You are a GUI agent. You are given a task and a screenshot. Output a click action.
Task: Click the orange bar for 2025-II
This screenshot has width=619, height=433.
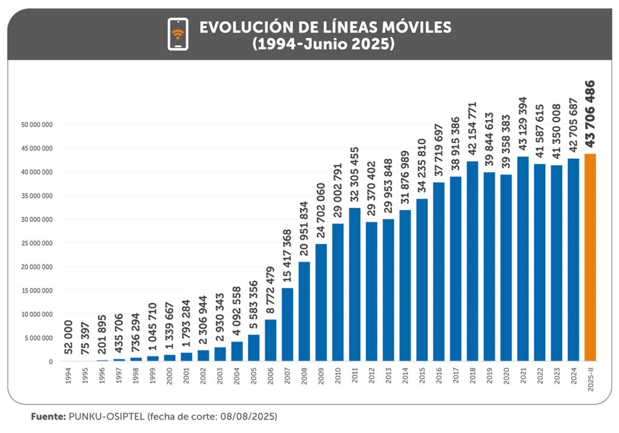coord(590,257)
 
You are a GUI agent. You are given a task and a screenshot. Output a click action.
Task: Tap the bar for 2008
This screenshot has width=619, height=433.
coord(304,311)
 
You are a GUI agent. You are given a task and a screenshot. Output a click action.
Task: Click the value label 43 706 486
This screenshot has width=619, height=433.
coord(590,113)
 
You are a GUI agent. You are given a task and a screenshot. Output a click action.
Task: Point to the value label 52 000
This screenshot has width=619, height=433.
coord(68,339)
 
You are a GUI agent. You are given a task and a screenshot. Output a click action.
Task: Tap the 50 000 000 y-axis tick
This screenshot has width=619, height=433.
coord(38,124)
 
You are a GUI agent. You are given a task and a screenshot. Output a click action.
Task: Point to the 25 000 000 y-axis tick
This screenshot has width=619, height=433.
coord(38,243)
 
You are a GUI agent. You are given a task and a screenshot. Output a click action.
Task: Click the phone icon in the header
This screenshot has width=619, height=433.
coord(177,34)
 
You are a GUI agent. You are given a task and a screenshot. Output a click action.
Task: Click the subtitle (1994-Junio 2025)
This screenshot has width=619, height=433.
coord(324,43)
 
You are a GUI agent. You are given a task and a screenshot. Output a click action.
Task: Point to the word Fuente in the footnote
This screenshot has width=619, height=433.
coord(48,417)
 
